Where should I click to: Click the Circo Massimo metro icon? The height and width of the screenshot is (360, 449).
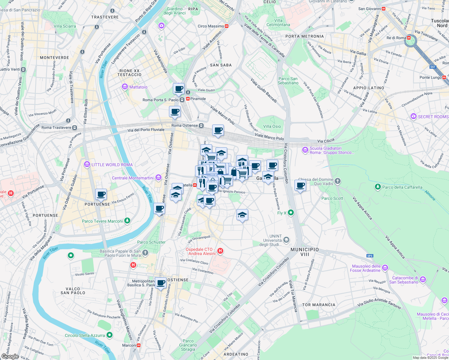(227, 26)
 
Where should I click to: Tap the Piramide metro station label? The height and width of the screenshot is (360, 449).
(198, 99)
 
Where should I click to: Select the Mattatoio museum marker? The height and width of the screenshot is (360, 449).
(125, 87)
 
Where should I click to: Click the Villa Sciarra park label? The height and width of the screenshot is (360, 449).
(65, 26)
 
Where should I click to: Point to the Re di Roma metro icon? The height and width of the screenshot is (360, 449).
(408, 38)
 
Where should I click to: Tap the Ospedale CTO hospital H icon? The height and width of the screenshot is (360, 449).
(220, 251)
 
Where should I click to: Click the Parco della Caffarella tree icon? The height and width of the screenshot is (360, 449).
(378, 187)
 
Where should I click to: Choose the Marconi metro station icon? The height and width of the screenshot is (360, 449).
(139, 345)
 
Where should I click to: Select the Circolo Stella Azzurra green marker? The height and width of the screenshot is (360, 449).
(110, 335)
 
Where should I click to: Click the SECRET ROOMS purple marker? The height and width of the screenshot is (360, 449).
(414, 116)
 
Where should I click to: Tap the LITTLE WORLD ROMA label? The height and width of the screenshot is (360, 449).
(112, 165)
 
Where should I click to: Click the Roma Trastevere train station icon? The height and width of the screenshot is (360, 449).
(75, 127)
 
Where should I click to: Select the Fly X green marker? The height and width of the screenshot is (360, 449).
(291, 213)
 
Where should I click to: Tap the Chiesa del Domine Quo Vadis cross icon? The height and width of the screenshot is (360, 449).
(338, 181)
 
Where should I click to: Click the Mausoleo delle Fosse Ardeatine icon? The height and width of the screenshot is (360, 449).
(385, 268)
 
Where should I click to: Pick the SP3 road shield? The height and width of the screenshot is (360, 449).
(370, 256)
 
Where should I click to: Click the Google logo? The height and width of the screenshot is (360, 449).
(10, 356)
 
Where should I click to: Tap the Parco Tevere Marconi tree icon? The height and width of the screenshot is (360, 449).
(128, 220)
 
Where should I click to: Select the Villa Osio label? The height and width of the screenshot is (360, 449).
(272, 126)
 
